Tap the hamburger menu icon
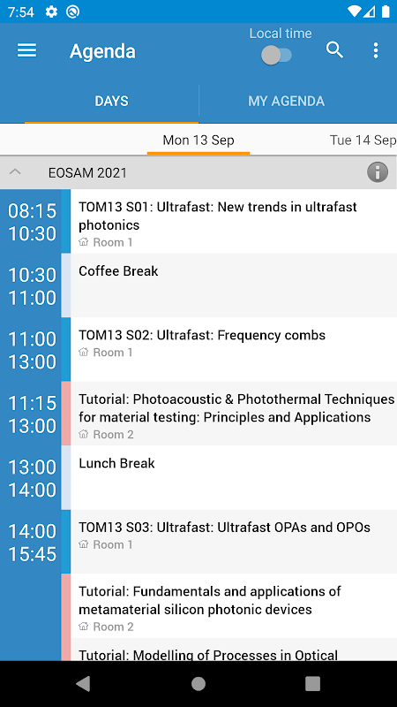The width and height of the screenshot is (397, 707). click(x=27, y=50)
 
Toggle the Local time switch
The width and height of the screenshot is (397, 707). click(x=276, y=56)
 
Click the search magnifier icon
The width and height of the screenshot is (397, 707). click(x=334, y=50)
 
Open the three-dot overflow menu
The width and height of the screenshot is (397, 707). click(x=376, y=50)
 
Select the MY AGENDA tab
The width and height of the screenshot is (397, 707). click(x=286, y=101)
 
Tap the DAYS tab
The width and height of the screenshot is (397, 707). click(x=111, y=101)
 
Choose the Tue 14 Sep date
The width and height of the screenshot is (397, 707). click(x=363, y=140)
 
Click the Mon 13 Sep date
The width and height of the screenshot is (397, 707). click(x=198, y=140)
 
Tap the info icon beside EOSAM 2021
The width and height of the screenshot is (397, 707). click(x=378, y=172)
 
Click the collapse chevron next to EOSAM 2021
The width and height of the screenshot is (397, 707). click(x=15, y=171)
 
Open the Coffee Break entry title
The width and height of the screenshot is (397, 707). click(x=118, y=271)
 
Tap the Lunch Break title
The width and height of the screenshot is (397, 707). click(x=116, y=463)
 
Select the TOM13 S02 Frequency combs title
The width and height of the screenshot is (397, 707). click(x=202, y=335)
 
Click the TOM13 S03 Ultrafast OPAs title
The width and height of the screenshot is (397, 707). click(x=225, y=527)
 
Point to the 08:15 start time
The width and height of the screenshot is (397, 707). click(x=32, y=210)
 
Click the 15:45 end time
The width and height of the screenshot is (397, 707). click(x=32, y=554)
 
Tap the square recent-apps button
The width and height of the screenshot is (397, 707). click(x=312, y=683)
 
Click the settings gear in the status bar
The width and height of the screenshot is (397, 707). click(x=51, y=11)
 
